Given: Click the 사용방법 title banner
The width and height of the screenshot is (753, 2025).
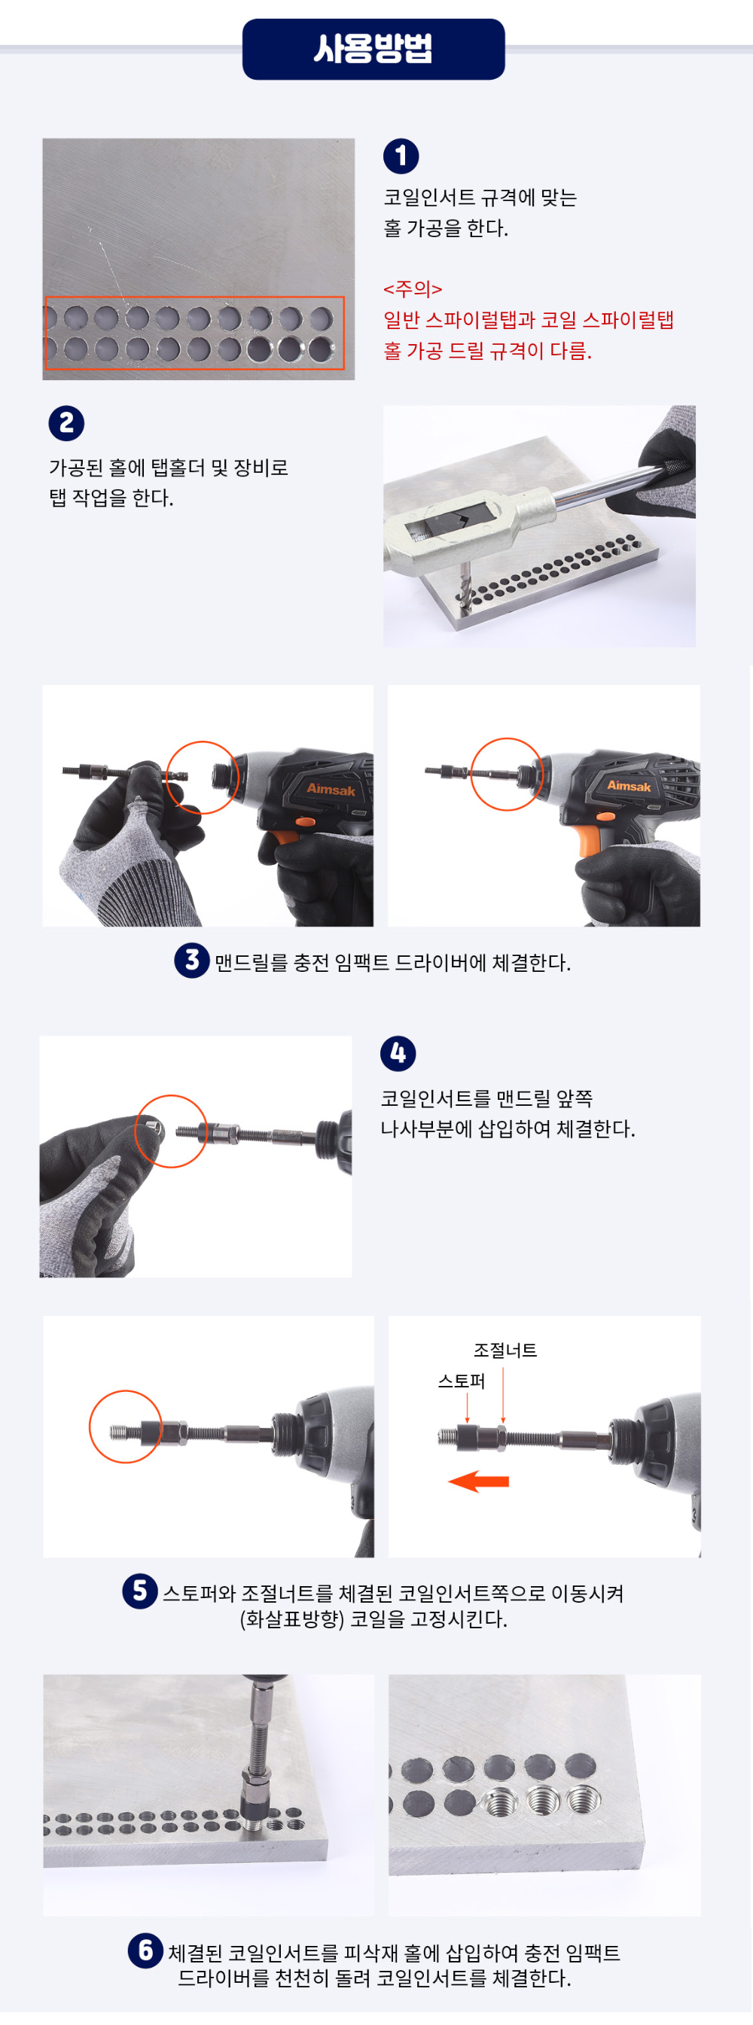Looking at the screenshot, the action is [373, 49].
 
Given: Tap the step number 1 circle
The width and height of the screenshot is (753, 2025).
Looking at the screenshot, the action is [401, 156].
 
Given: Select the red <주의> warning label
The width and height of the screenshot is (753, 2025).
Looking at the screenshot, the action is [413, 289].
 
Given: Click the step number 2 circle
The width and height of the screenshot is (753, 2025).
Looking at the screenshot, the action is [67, 424].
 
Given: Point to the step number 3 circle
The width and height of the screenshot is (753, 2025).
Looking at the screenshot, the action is [192, 961].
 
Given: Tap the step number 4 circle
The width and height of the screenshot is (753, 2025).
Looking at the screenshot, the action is [398, 1053].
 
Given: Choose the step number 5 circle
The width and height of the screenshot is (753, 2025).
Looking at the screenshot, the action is [140, 1591].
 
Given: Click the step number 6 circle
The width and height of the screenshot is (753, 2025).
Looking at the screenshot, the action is [145, 1950].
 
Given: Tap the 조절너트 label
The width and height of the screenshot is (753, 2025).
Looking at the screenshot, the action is [505, 1351].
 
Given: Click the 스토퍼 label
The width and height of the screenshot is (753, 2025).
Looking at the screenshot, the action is [462, 1381].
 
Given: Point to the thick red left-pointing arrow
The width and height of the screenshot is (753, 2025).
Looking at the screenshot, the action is [479, 1481].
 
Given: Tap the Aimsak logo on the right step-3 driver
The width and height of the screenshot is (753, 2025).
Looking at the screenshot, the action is [629, 785].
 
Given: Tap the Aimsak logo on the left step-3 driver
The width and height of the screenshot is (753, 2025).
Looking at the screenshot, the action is [331, 789].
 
